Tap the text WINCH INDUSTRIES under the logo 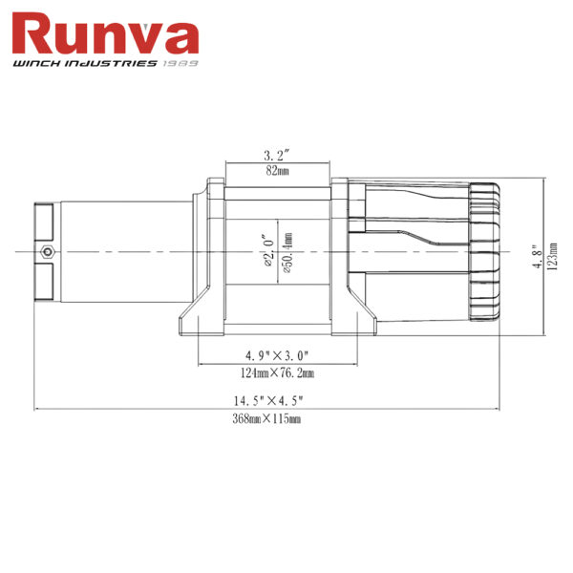click(x=83, y=65)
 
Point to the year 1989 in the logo click(x=180, y=65)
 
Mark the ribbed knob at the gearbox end click(x=484, y=252)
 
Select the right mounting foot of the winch click(x=359, y=315)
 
